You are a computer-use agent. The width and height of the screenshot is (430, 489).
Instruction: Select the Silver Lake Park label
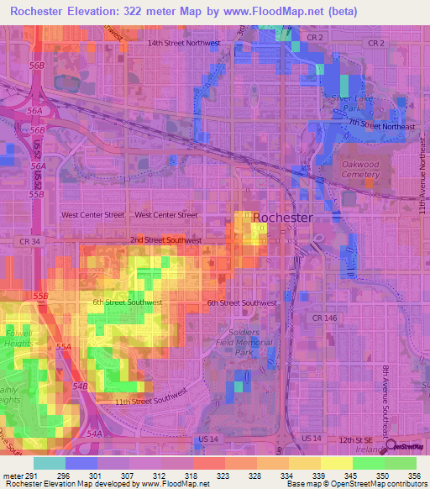(350, 103)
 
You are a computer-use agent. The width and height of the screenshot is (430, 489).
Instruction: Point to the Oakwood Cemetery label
(360, 170)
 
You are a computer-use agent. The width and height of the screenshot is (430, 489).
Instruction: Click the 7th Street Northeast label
(382, 125)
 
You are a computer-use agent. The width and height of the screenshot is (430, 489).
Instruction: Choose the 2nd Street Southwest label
(166, 240)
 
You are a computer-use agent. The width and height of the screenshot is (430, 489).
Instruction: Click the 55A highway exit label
(64, 346)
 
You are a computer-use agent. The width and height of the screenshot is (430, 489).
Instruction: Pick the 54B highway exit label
(80, 386)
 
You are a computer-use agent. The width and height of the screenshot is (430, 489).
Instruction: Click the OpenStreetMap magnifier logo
(391, 447)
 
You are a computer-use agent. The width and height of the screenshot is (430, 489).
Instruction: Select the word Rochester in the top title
(42, 11)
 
